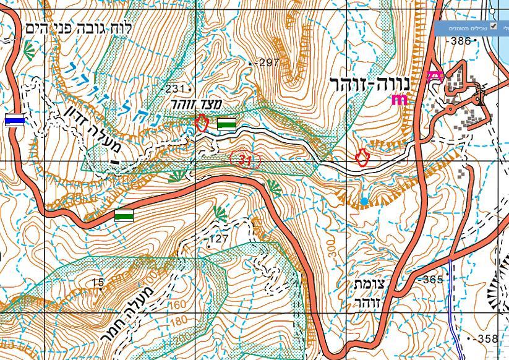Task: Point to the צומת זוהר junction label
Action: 370,293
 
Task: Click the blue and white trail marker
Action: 15,120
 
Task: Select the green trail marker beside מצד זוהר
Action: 227,124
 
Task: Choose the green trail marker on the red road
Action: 124,216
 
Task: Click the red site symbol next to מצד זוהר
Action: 201,122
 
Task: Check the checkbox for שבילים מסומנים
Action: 493,26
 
